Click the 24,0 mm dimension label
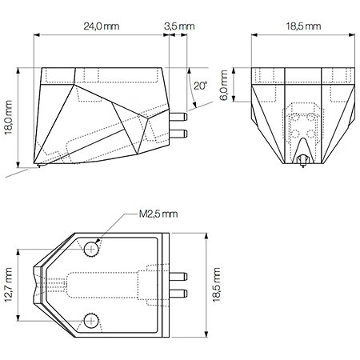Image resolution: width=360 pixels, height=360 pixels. [x=102, y=26]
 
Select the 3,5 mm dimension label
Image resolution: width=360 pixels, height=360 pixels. [x=179, y=26]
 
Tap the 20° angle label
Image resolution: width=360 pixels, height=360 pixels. [x=200, y=86]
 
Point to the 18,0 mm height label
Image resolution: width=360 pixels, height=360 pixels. [x=8, y=118]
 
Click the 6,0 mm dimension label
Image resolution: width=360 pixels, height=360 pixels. [x=224, y=86]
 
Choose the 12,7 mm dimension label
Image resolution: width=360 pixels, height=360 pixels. [x=8, y=285]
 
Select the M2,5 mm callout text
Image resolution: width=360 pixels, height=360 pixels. [x=158, y=214]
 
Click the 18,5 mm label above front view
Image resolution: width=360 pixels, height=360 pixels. [x=303, y=26]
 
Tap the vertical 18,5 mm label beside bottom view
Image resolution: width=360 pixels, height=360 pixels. [x=217, y=285]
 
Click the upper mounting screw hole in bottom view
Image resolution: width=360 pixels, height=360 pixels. [x=91, y=250]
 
